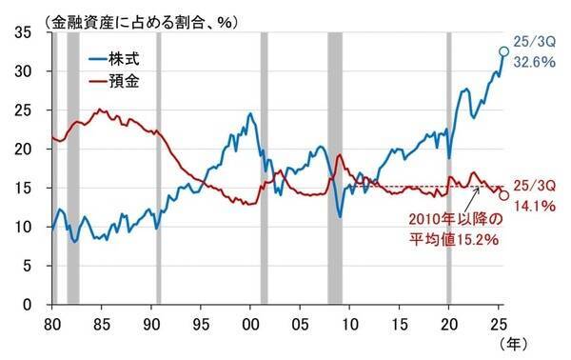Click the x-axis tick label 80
click(x=53, y=323)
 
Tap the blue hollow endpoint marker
click(x=503, y=51)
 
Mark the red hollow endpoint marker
click(x=503, y=195)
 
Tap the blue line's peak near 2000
click(x=249, y=114)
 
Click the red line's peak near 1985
click(x=98, y=110)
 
